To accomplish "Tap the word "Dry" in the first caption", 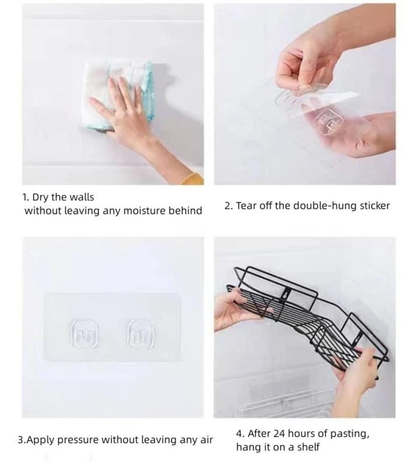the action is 41,197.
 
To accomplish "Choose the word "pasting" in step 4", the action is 349,434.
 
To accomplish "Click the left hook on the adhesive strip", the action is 85,333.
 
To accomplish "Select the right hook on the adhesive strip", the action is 141,333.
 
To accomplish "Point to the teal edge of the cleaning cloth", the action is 148,92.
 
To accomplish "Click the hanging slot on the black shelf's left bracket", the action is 286,294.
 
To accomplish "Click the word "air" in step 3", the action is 206,440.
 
